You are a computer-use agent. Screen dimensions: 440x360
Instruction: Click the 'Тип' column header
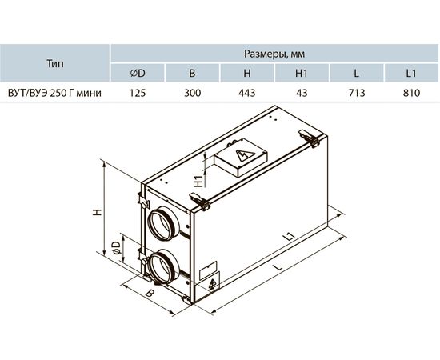[55, 63]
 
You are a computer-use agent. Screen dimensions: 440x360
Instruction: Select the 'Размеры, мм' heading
[274, 54]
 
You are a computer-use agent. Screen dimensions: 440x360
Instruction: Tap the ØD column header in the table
[138, 73]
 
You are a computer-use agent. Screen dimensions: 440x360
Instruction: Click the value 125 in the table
[138, 93]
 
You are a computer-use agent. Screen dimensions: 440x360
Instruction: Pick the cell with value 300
[192, 93]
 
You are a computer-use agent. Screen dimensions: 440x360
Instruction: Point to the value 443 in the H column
[247, 93]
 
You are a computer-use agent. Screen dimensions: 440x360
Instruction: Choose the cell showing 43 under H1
[302, 93]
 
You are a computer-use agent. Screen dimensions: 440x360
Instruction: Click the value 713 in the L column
[356, 93]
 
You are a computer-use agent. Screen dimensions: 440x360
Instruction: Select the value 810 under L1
[411, 93]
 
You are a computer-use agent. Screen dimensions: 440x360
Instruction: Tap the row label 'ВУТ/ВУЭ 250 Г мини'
[54, 93]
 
